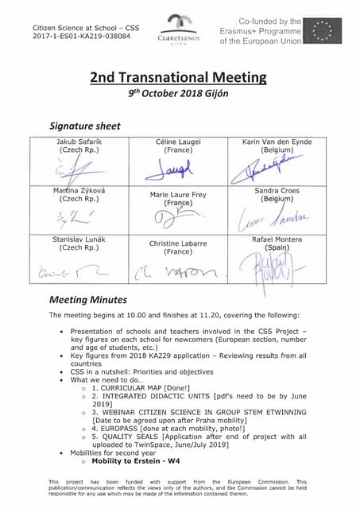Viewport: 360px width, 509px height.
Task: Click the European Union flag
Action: (327, 31)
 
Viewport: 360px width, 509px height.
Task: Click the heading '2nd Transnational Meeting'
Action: (179, 77)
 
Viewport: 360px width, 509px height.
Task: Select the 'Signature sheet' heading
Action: (85, 126)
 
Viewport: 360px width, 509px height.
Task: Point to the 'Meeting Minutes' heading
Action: (88, 301)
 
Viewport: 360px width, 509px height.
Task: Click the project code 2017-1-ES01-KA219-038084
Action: (81, 36)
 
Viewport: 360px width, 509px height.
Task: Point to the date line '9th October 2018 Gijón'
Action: (179, 94)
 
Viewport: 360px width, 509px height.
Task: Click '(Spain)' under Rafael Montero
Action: (277, 247)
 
